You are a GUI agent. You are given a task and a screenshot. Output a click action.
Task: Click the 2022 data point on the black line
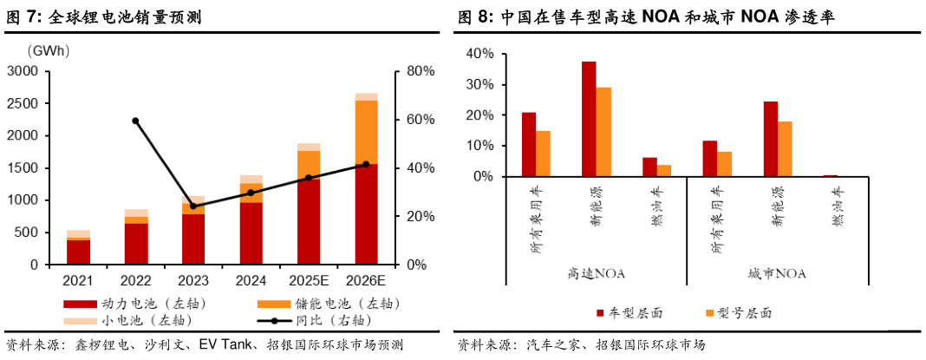(x=135, y=121)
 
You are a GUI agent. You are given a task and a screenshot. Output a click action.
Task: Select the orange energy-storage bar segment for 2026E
(x=366, y=132)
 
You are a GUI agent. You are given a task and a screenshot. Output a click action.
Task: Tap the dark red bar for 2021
(x=79, y=252)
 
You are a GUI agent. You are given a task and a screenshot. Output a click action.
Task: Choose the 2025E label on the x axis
(x=308, y=281)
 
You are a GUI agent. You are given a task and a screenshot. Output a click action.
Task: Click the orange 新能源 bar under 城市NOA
(x=785, y=148)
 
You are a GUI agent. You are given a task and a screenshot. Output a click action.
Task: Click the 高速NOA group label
(x=597, y=273)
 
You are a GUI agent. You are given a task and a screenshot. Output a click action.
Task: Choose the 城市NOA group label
(x=778, y=273)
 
